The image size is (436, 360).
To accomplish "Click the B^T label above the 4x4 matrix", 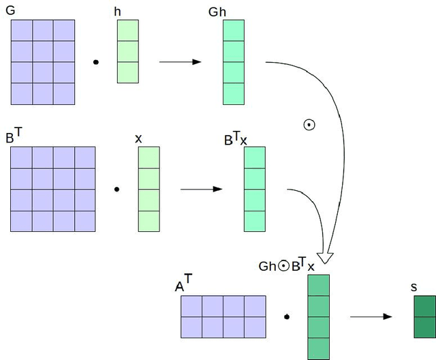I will (x=14, y=136).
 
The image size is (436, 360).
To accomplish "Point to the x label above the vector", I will (x=138, y=138).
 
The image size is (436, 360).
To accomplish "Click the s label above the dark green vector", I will (x=414, y=287).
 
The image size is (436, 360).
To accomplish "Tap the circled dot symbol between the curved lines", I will (x=309, y=125).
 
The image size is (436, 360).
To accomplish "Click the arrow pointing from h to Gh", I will (x=180, y=62).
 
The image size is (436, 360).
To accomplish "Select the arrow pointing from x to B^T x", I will (x=201, y=189).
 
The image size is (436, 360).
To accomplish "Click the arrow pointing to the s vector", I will (x=371, y=316).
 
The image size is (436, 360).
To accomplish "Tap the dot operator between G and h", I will (x=95, y=63).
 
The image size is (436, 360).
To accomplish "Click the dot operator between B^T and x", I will (x=116, y=190).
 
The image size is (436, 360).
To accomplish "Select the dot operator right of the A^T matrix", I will (x=287, y=317).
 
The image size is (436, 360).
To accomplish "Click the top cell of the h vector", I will (x=128, y=31).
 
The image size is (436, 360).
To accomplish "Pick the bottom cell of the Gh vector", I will (x=234, y=94).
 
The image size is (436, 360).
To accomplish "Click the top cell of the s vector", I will (x=424, y=306).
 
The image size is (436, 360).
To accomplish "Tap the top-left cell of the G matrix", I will (x=21, y=30).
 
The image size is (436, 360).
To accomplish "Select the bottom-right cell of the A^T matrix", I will (x=255, y=327).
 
